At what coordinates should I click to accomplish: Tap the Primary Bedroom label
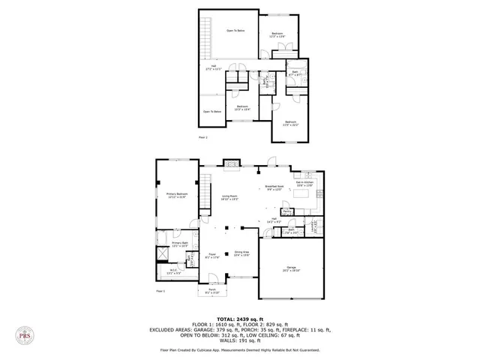tap(177, 195)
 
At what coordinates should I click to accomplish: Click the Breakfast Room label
tap(274, 187)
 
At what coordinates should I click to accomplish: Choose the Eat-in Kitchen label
tap(304, 183)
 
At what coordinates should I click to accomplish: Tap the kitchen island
tap(303, 193)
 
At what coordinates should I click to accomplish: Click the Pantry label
tap(287, 211)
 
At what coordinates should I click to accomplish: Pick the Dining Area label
tap(241, 253)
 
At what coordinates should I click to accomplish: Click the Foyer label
tap(212, 255)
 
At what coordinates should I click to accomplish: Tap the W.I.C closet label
tap(173, 271)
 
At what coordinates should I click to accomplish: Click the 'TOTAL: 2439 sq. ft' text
tap(239, 318)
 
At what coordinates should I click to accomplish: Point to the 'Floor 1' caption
tap(160, 290)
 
